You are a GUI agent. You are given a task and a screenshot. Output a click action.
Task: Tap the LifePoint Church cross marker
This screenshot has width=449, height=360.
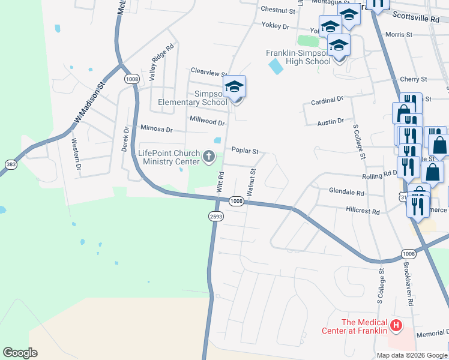[x=209, y=157]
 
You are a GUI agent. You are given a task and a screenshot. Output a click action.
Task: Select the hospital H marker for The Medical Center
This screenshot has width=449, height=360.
[x=396, y=326]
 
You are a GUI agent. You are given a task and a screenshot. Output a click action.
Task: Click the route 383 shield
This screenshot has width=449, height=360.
[x=11, y=164]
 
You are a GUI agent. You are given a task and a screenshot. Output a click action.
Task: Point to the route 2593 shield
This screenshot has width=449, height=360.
[x=216, y=216]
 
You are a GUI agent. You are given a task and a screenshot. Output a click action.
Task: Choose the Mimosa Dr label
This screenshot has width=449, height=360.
[x=156, y=129]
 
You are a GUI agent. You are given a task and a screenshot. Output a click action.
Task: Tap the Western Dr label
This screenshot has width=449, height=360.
[x=76, y=154]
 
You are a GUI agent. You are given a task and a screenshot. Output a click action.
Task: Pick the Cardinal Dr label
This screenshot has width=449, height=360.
[x=327, y=100]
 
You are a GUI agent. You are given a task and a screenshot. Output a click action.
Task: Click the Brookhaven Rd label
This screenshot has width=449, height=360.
[x=408, y=284]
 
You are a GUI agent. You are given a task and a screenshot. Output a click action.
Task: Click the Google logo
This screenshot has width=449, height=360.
[x=20, y=353]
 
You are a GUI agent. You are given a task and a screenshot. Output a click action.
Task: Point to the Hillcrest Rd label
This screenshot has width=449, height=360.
[x=363, y=212]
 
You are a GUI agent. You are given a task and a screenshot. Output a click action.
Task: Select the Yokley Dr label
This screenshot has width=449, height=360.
[x=275, y=26]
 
